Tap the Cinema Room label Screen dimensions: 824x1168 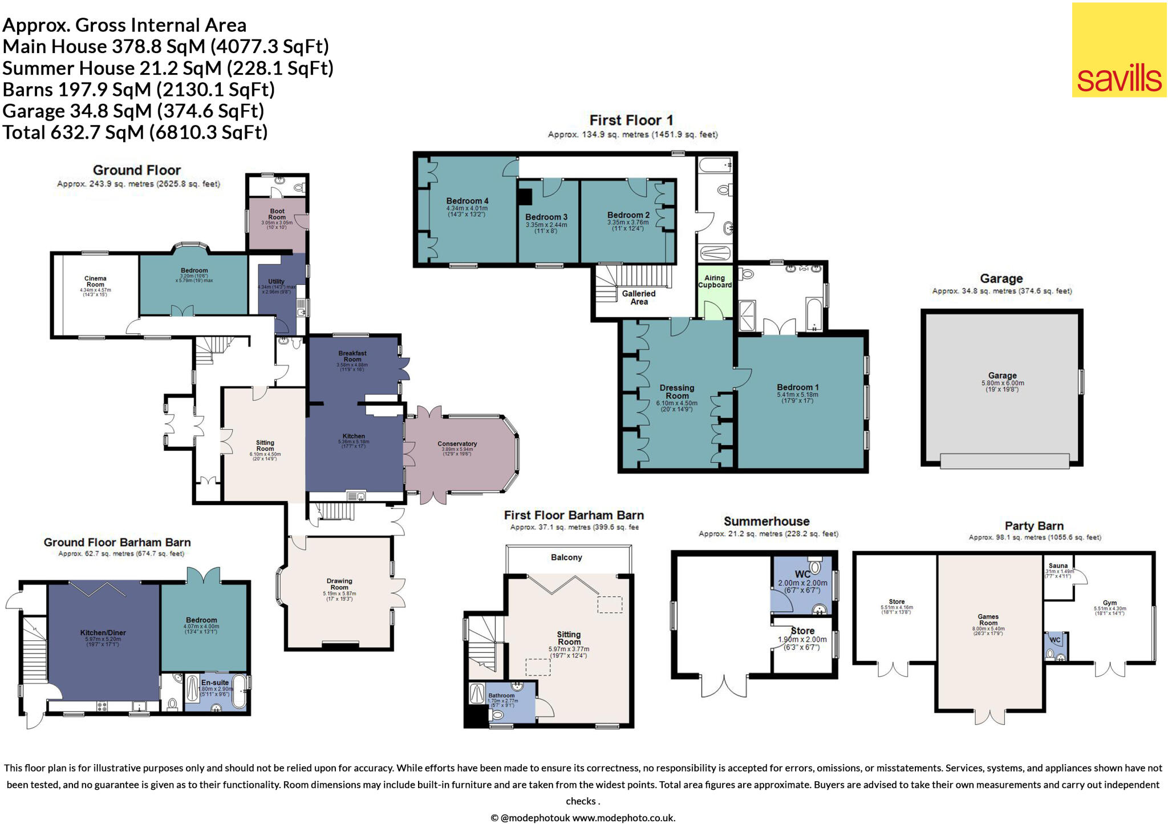point(95,282)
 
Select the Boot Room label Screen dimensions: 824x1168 point(277,215)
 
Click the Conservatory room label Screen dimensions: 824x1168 point(457,444)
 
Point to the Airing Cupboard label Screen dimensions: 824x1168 point(715,281)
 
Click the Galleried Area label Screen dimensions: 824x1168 point(639,297)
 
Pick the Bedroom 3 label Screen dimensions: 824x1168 point(546,217)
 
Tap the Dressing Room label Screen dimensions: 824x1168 point(677,391)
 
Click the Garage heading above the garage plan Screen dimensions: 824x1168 point(1001,278)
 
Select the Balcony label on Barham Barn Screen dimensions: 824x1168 point(566,557)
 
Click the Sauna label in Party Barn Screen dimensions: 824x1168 point(1058,566)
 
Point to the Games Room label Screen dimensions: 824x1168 point(988,620)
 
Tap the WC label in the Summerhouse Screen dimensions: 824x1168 point(802,574)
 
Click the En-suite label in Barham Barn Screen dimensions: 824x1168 point(215,682)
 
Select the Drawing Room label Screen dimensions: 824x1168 point(339,584)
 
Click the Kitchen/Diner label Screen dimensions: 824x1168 point(103,633)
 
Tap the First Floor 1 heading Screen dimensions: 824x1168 point(631,120)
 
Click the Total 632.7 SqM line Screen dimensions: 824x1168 point(135,132)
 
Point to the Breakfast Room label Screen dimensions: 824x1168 point(352,356)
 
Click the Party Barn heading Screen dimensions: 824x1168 point(1033,526)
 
